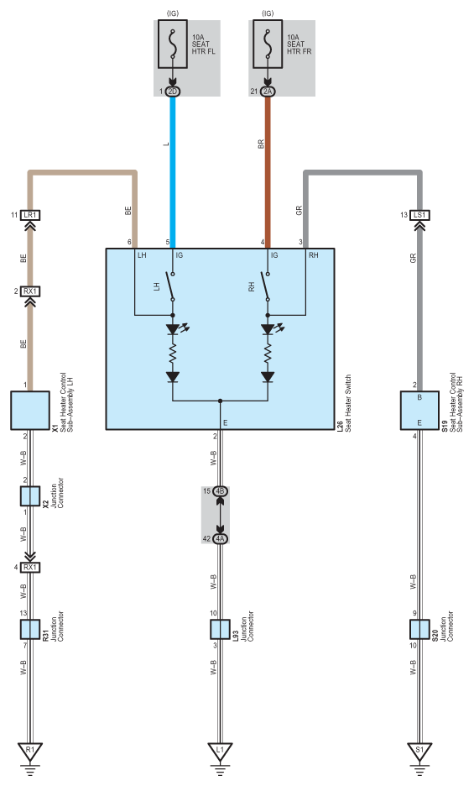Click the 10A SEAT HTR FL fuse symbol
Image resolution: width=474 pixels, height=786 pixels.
pyautogui.click(x=173, y=45)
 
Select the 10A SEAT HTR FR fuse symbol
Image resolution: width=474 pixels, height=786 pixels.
pyautogui.click(x=268, y=45)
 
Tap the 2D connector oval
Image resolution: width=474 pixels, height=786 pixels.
pyautogui.click(x=173, y=92)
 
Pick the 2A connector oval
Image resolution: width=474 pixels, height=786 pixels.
pyautogui.click(x=268, y=92)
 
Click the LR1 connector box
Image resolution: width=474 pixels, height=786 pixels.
pyautogui.click(x=29, y=215)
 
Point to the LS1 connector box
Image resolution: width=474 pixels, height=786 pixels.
pyautogui.click(x=419, y=215)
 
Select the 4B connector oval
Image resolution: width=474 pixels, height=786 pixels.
pyautogui.click(x=220, y=491)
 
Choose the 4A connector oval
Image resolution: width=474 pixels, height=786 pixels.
pyautogui.click(x=220, y=539)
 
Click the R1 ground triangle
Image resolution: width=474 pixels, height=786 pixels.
pyautogui.click(x=29, y=751)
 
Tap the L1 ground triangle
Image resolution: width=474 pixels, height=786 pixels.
pyautogui.click(x=220, y=751)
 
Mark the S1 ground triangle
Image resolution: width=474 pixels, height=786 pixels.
pyautogui.click(x=419, y=751)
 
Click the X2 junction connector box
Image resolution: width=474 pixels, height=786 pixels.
pyautogui.click(x=29, y=495)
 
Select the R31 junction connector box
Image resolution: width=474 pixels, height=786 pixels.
pyautogui.click(x=29, y=629)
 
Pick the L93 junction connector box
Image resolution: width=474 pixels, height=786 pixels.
pyautogui.click(x=220, y=629)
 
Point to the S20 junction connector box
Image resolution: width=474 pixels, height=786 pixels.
pyautogui.click(x=419, y=629)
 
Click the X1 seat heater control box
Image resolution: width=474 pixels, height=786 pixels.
pyautogui.click(x=30, y=411)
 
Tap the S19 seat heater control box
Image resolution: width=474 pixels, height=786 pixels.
pyautogui.click(x=419, y=411)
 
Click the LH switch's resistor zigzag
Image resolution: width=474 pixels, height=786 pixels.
pyautogui.click(x=173, y=354)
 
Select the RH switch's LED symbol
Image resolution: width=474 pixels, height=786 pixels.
pyautogui.click(x=271, y=329)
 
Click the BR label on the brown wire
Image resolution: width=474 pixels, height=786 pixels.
pyautogui.click(x=261, y=144)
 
